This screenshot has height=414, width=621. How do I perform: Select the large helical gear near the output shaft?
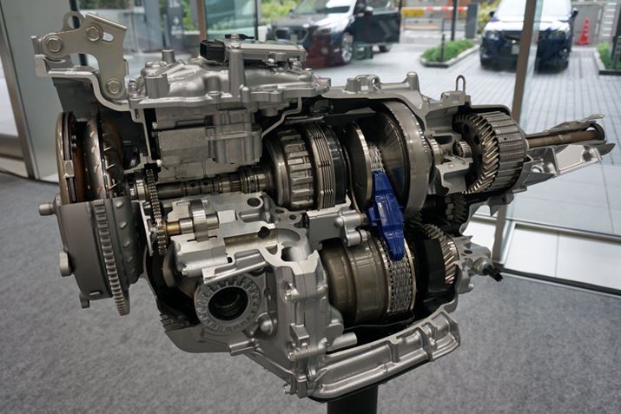[x=492, y=152]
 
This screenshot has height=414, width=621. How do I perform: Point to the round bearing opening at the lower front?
[x=228, y=303]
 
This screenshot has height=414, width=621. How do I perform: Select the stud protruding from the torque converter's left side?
[x=47, y=208]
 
